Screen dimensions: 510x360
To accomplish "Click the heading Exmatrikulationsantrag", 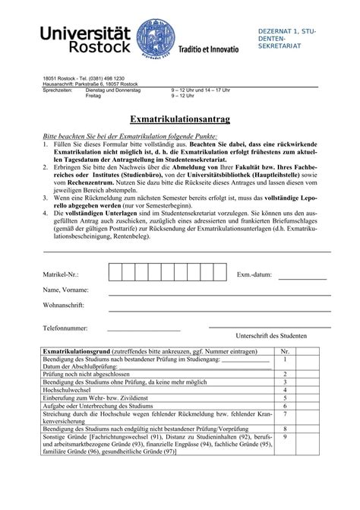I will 180,120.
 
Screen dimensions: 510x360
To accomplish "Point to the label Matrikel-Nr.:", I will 61,274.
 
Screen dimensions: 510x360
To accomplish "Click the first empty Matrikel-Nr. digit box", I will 116,273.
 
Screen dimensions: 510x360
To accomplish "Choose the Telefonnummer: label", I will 66,328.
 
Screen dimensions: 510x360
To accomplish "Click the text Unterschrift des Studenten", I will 272,335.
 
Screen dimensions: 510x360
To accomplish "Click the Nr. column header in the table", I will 284,351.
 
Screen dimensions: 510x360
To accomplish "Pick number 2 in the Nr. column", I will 284,374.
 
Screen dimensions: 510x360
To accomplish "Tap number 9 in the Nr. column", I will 284,437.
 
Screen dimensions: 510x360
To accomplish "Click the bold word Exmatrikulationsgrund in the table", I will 78,351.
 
